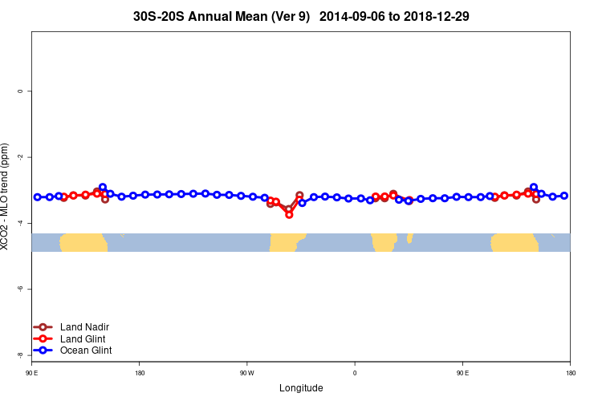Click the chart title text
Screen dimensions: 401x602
pyautogui.click(x=301, y=15)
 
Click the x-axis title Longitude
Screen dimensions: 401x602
pyautogui.click(x=301, y=388)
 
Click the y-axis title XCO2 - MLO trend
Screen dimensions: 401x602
pyautogui.click(x=6, y=196)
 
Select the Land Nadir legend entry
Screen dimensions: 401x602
pyautogui.click(x=84, y=327)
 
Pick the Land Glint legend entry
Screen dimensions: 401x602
pyautogui.click(x=83, y=338)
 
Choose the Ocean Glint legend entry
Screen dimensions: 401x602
pyautogui.click(x=86, y=350)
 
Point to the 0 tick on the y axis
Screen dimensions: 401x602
pyautogui.click(x=19, y=91)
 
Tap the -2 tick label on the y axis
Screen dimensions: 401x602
pyautogui.click(x=19, y=157)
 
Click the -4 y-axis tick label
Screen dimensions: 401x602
pyautogui.click(x=19, y=223)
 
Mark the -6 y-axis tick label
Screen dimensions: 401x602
pyautogui.click(x=19, y=289)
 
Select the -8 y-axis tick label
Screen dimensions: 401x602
pyautogui.click(x=19, y=354)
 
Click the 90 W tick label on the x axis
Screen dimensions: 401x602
pyautogui.click(x=246, y=373)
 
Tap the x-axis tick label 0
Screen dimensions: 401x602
pyautogui.click(x=355, y=373)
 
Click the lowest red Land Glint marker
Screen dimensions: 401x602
pyautogui.click(x=289, y=214)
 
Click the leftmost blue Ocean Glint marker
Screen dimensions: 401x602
pyautogui.click(x=37, y=196)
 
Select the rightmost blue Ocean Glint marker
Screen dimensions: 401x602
pyautogui.click(x=564, y=196)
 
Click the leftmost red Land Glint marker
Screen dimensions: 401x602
pyautogui.click(x=64, y=197)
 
